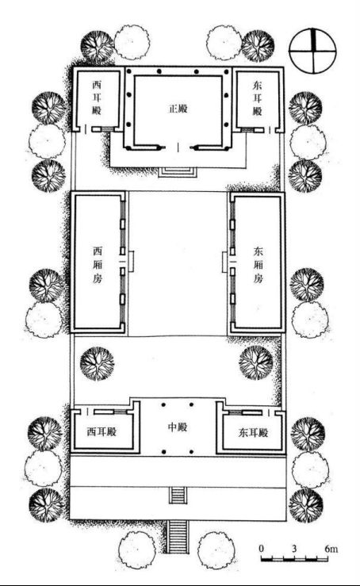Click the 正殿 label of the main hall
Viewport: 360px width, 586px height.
click(178, 109)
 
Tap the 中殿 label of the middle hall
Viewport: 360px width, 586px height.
click(177, 427)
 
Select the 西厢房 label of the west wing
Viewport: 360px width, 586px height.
click(98, 265)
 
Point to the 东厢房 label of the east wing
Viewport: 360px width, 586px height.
click(259, 265)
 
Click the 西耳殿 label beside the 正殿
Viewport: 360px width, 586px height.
click(97, 98)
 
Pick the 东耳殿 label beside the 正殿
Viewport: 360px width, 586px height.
click(258, 98)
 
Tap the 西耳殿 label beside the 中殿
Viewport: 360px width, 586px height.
click(101, 432)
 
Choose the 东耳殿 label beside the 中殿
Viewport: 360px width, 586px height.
click(254, 433)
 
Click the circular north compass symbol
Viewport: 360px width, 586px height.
click(312, 51)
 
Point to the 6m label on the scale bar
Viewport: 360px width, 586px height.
click(331, 549)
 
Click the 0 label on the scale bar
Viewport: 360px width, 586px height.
click(262, 549)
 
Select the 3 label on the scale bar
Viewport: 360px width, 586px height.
click(294, 549)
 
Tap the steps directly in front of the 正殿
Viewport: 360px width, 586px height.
click(178, 172)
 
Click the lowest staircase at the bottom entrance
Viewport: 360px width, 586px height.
click(178, 537)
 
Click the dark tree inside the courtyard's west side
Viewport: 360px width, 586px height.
click(98, 364)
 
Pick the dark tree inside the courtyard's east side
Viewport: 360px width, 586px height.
click(256, 363)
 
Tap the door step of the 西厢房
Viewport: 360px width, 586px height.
click(131, 262)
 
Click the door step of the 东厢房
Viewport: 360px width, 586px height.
click(224, 262)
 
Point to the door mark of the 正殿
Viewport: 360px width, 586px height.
click(178, 147)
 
